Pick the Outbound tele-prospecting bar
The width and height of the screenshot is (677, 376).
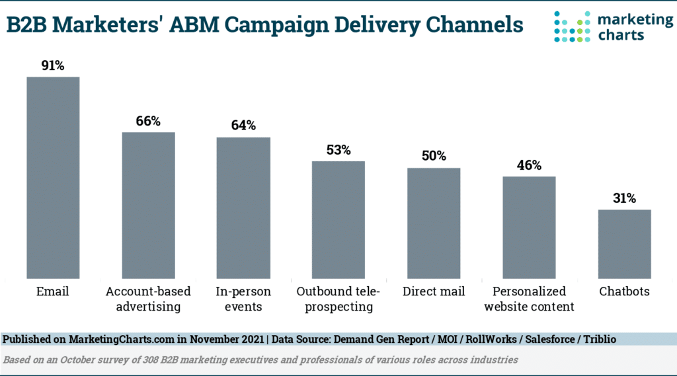coord(338,219)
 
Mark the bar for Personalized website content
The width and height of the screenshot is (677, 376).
coord(529,227)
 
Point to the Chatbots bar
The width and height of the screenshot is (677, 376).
coord(624,244)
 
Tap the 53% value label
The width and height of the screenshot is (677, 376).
coord(338,149)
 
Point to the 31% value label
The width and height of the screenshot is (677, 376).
coord(624,198)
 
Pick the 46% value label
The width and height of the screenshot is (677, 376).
coord(529,165)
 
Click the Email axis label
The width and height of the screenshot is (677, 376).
coord(53,291)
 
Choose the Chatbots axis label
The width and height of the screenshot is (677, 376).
coord(624,291)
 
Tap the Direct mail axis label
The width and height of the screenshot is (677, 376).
coord(434,291)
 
